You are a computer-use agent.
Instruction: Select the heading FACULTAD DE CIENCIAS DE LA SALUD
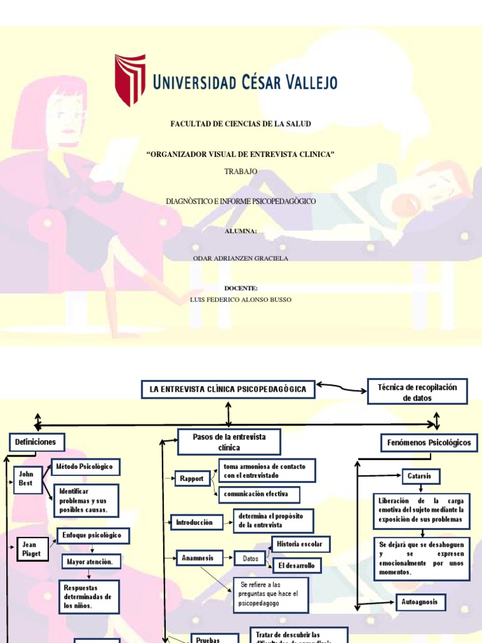pyautogui.click(x=241, y=124)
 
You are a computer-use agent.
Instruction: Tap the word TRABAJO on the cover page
pyautogui.click(x=240, y=171)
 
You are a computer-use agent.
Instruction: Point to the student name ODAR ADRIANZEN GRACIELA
pyautogui.click(x=240, y=258)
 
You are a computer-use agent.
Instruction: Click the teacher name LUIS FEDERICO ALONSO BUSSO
pyautogui.click(x=240, y=300)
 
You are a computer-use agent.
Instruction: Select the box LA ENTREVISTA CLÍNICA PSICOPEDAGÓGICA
pyautogui.click(x=228, y=390)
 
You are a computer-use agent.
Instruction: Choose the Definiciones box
pyautogui.click(x=36, y=442)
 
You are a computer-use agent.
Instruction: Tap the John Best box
pyautogui.click(x=28, y=479)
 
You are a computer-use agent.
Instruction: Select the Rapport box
pyautogui.click(x=191, y=478)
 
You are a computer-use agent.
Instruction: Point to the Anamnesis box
pyautogui.click(x=198, y=558)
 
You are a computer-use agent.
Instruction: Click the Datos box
pyautogui.click(x=250, y=558)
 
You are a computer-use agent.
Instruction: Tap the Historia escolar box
pyautogui.click(x=300, y=544)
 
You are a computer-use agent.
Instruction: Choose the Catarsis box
pyautogui.click(x=420, y=476)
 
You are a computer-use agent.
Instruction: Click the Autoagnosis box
pyautogui.click(x=420, y=603)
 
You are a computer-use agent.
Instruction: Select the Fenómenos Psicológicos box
pyautogui.click(x=429, y=443)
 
